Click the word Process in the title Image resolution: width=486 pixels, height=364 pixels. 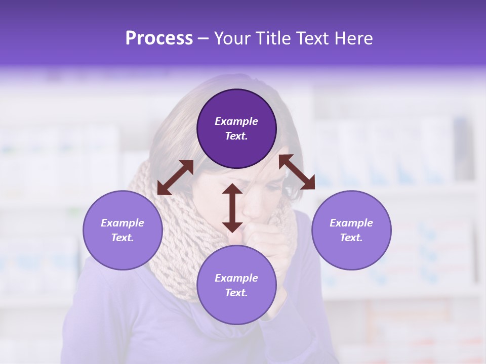[x=159, y=38]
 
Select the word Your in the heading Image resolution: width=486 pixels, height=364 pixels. [x=232, y=38]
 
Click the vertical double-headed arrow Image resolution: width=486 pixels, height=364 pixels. [x=232, y=208]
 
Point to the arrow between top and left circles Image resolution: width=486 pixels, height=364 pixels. [x=175, y=177]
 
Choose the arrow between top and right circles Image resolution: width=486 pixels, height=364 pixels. [x=297, y=172]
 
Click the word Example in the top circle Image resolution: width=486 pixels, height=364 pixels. [x=236, y=121]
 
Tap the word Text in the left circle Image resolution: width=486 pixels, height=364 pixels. [x=123, y=238]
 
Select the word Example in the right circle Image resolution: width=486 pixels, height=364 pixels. [x=351, y=223]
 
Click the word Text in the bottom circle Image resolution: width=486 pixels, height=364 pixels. [x=236, y=293]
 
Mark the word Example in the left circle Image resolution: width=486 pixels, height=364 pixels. [x=123, y=223]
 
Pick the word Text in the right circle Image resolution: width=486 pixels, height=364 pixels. [x=351, y=238]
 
